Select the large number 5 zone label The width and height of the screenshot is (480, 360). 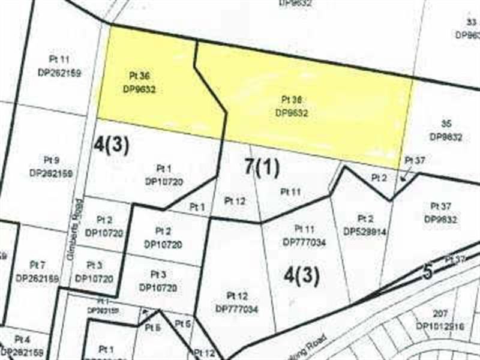click(x=427, y=271)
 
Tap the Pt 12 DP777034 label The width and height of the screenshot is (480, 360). click(x=236, y=302)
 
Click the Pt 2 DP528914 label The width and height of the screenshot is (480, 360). click(x=365, y=224)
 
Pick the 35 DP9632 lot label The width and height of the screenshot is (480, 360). click(x=446, y=130)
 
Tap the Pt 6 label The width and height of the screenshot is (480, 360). click(x=153, y=327)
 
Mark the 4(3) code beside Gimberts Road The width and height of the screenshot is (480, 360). click(x=112, y=144)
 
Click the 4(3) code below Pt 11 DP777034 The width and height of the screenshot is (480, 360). click(x=301, y=275)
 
